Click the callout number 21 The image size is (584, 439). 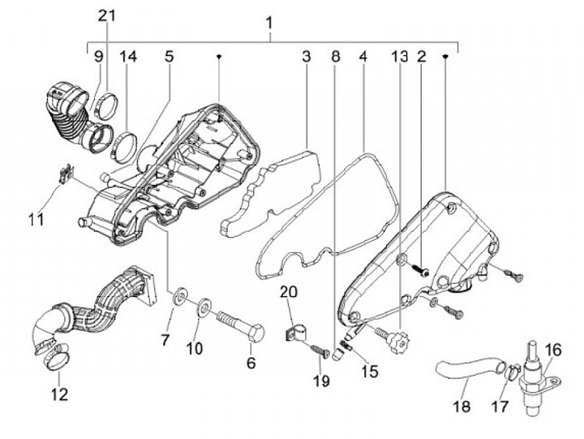pyautogui.click(x=108, y=15)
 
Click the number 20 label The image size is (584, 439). pyautogui.click(x=290, y=291)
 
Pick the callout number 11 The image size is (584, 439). pyautogui.click(x=35, y=218)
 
